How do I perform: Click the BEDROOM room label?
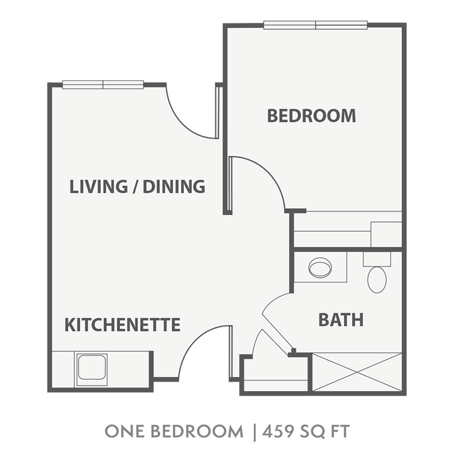(x=311, y=116)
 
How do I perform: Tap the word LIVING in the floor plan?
(x=98, y=187)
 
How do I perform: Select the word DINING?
(x=174, y=187)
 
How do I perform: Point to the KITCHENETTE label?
(x=122, y=325)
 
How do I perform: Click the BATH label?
(x=341, y=319)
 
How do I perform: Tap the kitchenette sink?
(x=92, y=367)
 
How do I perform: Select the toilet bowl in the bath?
(x=377, y=279)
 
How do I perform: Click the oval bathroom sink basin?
(x=320, y=268)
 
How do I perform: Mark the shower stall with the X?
(x=357, y=372)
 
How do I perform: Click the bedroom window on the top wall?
(x=315, y=25)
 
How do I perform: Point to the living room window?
(x=103, y=85)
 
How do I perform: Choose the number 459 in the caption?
(x=277, y=431)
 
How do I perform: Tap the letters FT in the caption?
(x=340, y=431)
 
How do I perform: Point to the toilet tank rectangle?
(x=377, y=259)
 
